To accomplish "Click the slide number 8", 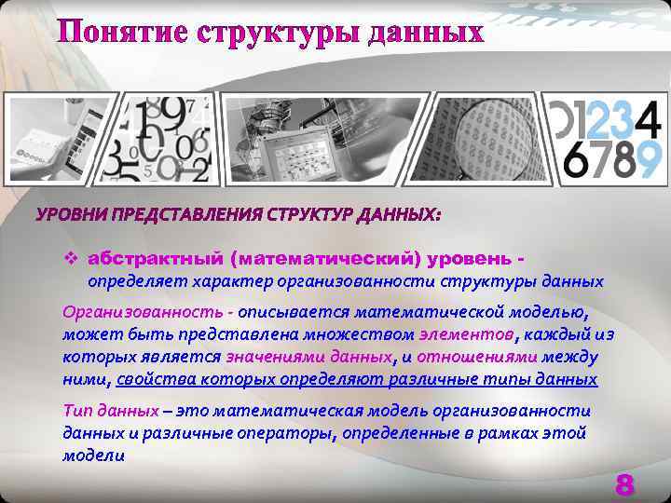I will (x=624, y=484).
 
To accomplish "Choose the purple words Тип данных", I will (x=109, y=411).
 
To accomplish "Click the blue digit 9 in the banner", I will (x=649, y=159).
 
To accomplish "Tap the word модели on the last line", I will (x=93, y=455).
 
